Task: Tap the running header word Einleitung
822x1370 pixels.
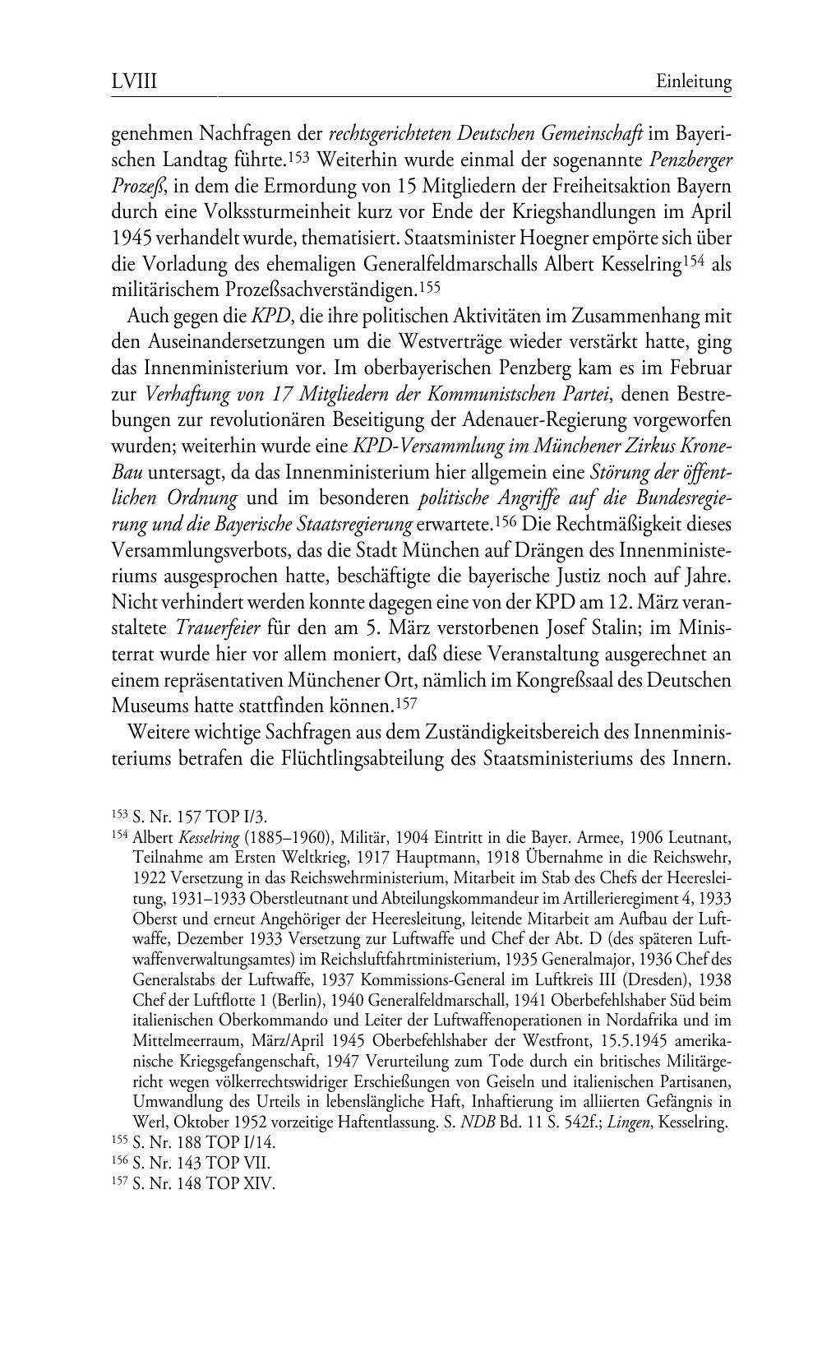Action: (x=694, y=82)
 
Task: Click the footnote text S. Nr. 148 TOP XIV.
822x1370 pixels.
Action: (x=202, y=1184)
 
